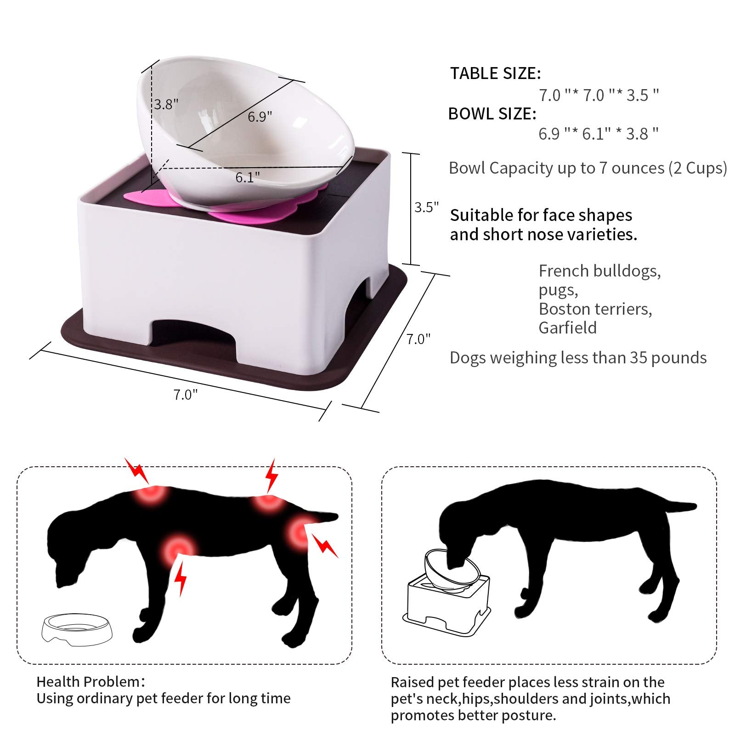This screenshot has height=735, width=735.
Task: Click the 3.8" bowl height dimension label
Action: tap(166, 104)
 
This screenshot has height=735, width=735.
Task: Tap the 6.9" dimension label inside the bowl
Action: tap(260, 117)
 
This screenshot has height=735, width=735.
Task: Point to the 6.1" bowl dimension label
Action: tap(248, 177)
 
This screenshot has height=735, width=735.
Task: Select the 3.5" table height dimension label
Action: tap(427, 207)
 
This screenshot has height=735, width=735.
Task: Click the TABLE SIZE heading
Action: tap(496, 73)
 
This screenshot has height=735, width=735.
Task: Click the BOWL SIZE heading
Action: tap(492, 114)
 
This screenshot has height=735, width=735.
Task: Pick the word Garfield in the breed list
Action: tap(568, 328)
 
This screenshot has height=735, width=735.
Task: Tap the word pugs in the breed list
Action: tap(558, 291)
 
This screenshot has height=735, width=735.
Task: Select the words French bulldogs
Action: tap(600, 271)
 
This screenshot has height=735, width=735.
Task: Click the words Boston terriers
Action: tap(595, 309)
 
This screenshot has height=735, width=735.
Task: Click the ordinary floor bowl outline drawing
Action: tap(77, 629)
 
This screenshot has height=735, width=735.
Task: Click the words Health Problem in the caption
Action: tap(88, 681)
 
